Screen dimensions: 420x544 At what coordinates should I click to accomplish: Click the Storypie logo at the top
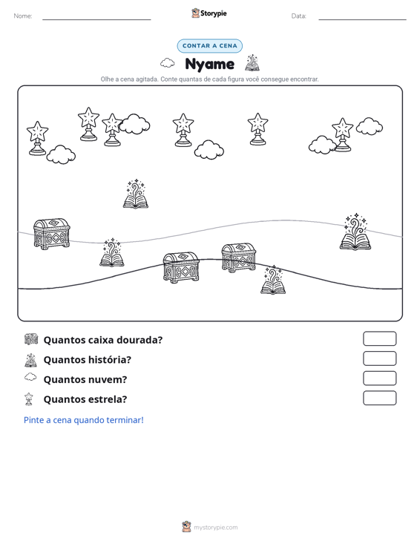point(209,13)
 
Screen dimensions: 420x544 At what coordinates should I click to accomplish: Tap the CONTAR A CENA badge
point(210,46)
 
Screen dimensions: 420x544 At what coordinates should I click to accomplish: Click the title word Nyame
point(210,64)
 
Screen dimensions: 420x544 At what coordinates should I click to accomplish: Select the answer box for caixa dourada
point(380,338)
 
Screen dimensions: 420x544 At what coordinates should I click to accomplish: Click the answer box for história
point(380,358)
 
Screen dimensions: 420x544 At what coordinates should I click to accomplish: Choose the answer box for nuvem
point(380,378)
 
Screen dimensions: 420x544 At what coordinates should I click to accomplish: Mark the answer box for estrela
point(380,398)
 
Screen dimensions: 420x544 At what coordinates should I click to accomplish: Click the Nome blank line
point(96,19)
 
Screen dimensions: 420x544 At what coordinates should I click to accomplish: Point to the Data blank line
point(362,19)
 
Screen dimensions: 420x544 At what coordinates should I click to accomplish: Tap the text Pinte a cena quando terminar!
point(84,420)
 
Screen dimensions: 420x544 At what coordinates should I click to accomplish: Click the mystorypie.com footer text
point(216,528)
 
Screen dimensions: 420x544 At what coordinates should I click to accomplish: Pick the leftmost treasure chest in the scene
point(52,234)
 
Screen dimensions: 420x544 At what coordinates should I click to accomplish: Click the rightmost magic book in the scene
point(355,232)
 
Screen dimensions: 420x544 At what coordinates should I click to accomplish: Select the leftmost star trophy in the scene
point(37,138)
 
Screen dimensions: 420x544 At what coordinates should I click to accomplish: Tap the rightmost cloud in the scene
point(370,126)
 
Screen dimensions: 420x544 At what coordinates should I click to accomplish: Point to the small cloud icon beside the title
point(168,63)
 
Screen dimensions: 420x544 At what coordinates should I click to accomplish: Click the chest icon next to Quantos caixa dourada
point(31,339)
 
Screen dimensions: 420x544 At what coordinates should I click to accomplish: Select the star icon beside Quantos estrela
point(29,399)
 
